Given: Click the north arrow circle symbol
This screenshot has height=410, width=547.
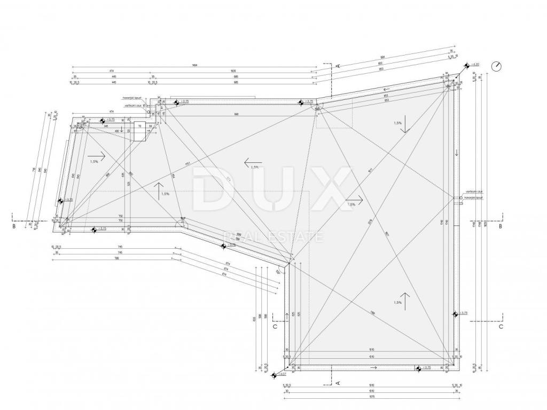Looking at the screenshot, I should (498, 66).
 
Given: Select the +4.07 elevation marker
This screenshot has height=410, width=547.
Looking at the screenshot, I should (273, 376).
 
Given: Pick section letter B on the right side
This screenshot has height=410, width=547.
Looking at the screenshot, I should (500, 226).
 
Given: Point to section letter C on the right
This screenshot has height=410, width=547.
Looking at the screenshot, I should (501, 326).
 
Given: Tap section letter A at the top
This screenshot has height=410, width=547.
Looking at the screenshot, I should (338, 65).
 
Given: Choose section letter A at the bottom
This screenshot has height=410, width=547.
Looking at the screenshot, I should (338, 382).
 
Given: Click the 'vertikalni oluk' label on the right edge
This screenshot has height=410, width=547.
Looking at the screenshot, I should (474, 191).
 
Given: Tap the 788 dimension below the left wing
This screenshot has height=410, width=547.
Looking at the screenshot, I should (118, 258).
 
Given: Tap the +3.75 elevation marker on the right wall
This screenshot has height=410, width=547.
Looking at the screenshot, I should (455, 314).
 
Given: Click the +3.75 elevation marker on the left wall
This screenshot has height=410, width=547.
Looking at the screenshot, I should (60, 201).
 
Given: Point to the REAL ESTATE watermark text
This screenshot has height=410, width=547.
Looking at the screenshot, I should (273, 236).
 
